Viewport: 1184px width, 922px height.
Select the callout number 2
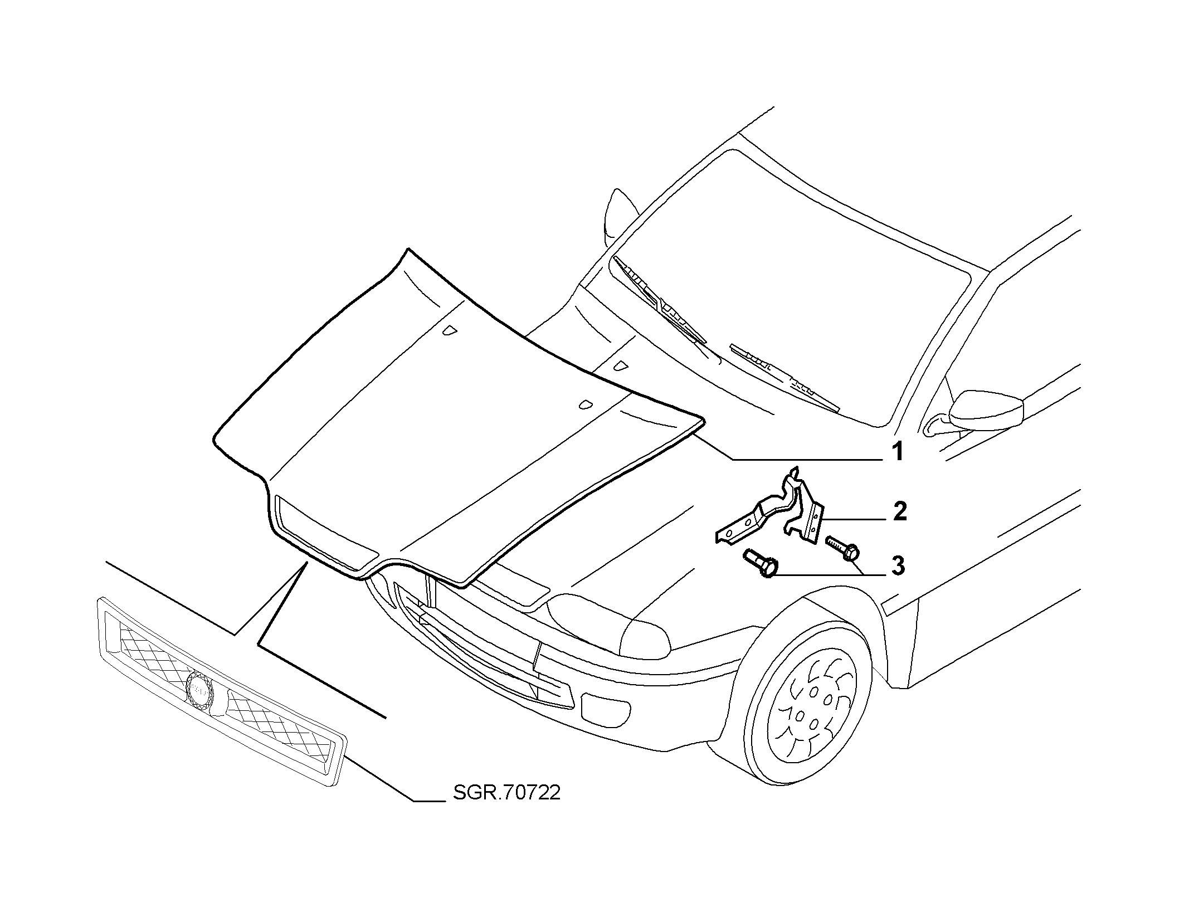coord(899,512)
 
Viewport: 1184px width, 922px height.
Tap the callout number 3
coord(897,566)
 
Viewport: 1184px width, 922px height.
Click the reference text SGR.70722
coord(506,793)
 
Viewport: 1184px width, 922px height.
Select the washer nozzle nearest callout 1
coord(585,405)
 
